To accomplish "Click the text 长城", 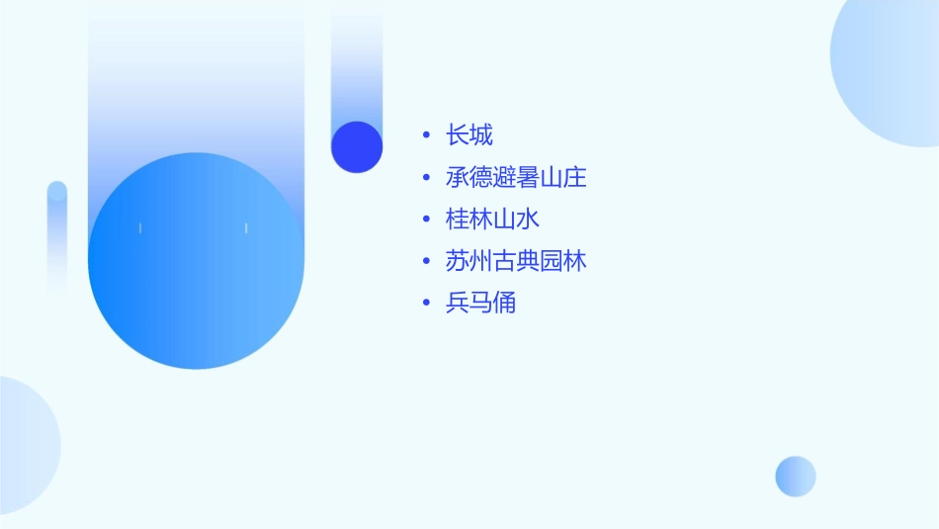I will coord(469,135).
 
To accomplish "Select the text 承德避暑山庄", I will coord(516,178).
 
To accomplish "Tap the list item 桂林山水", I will coord(492,220).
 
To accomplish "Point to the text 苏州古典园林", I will coord(516,261).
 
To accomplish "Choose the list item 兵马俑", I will coord(481,304).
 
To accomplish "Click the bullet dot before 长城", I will coord(426,135).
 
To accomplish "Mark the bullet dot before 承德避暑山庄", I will coord(426,178).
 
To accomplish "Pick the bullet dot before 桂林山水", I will coord(426,220).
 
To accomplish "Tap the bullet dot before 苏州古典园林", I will coord(426,262).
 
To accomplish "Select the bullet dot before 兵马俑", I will coord(426,304).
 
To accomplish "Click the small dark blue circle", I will coord(357,146).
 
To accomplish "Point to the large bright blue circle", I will coord(196,261).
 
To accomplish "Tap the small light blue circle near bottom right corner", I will coord(796,477).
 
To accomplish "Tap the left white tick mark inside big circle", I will coord(140,228).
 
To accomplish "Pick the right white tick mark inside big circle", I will coord(246,228).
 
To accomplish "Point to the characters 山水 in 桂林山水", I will coord(516,220).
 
